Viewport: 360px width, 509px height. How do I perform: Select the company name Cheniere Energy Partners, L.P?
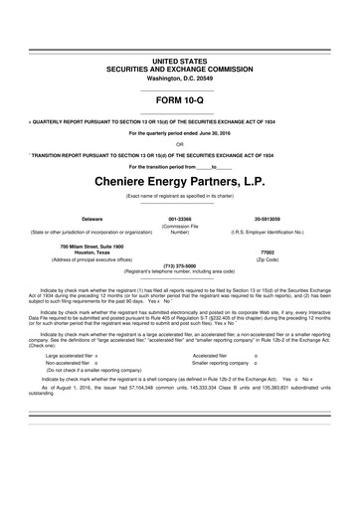tap(179, 182)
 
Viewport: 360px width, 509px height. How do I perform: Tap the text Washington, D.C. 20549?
tap(179, 77)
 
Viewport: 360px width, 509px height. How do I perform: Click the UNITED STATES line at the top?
tap(179, 61)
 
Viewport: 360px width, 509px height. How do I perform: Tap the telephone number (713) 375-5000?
tap(179, 265)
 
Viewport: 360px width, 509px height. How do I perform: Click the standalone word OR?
tap(179, 143)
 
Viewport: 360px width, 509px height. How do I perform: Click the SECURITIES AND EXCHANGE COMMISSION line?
tap(179, 69)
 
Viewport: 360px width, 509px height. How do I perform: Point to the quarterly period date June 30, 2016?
tap(208, 133)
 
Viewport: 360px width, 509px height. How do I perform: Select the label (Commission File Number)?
tap(179, 230)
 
